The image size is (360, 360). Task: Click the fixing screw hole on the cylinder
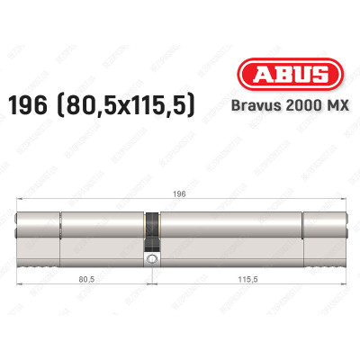point(152,261)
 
